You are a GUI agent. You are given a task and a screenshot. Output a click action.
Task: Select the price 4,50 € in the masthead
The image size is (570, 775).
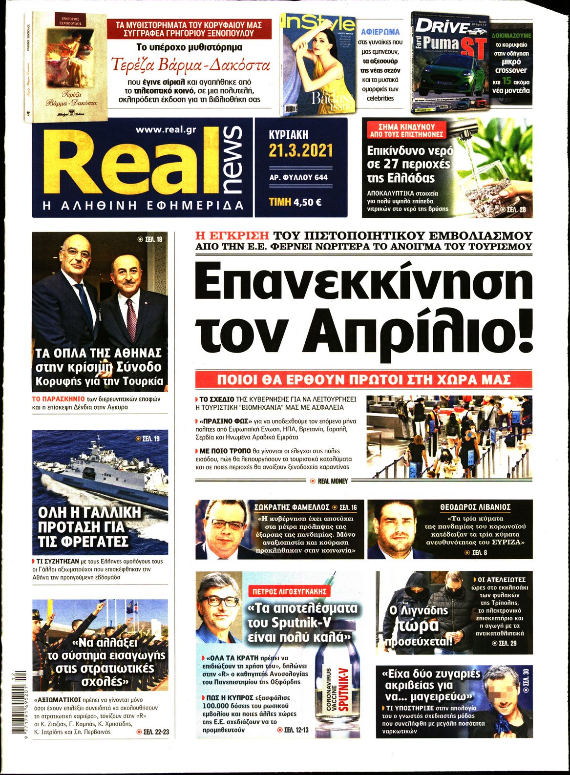click(x=307, y=201)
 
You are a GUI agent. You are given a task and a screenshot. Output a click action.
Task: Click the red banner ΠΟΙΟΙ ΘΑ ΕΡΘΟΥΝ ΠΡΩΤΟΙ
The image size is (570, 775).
click(x=363, y=379)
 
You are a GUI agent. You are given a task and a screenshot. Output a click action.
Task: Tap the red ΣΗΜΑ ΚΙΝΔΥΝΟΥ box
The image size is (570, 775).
click(x=406, y=130)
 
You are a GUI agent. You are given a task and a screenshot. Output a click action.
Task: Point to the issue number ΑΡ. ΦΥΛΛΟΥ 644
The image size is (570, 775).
click(x=298, y=177)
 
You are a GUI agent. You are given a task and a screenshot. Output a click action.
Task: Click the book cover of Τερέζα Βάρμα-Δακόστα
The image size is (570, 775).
click(x=65, y=67)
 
